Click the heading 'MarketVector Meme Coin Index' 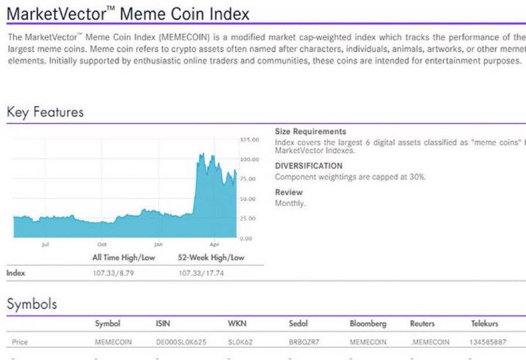tap(128, 13)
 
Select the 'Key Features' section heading tap(45, 112)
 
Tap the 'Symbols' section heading tap(32, 304)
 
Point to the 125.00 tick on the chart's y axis tap(250, 140)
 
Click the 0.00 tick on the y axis tap(245, 238)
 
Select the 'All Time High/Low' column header tap(124, 257)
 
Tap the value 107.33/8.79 tap(113, 273)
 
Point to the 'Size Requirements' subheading tap(310, 131)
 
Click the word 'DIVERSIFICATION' tap(309, 166)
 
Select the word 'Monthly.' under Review tap(290, 203)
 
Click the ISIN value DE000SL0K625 tap(181, 342)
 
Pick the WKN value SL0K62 tap(240, 342)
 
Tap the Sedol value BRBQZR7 tap(304, 342)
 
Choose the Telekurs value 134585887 tap(488, 342)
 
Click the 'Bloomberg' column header tap(368, 323)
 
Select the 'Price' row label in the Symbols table tap(20, 342)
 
